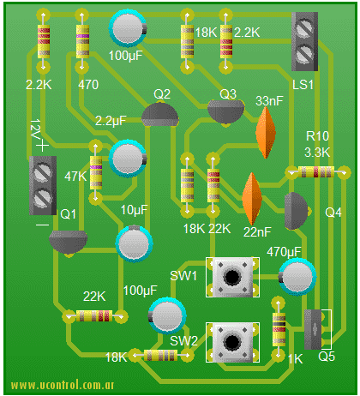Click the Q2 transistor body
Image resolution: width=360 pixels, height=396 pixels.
[x=160, y=115]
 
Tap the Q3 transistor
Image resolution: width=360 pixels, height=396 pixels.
[x=226, y=112]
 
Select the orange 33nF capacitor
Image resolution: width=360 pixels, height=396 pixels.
[x=266, y=132]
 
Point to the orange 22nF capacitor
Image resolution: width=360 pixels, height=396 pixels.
[x=252, y=198]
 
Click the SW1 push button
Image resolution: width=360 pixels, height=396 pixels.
[x=232, y=277]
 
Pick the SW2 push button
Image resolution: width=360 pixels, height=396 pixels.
[x=232, y=342]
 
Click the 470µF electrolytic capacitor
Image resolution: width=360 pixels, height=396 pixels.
[x=297, y=277]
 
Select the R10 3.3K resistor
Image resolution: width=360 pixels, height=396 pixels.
[x=317, y=172]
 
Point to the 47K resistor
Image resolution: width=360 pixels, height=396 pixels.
[x=96, y=172]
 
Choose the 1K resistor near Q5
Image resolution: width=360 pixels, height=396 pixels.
[x=279, y=329]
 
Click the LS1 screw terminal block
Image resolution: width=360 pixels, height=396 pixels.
[x=304, y=41]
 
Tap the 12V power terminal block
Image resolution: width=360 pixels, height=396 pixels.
[x=43, y=185]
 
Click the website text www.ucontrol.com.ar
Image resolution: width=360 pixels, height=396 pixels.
[x=63, y=385]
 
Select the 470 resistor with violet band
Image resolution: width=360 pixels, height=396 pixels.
[x=82, y=41]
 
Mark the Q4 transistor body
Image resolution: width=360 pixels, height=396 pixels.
[x=296, y=211]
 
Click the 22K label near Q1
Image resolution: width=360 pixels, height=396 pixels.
[x=94, y=297]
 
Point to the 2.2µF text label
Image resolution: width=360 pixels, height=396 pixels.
[x=111, y=121]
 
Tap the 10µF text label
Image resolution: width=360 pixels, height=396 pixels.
[x=135, y=210]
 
